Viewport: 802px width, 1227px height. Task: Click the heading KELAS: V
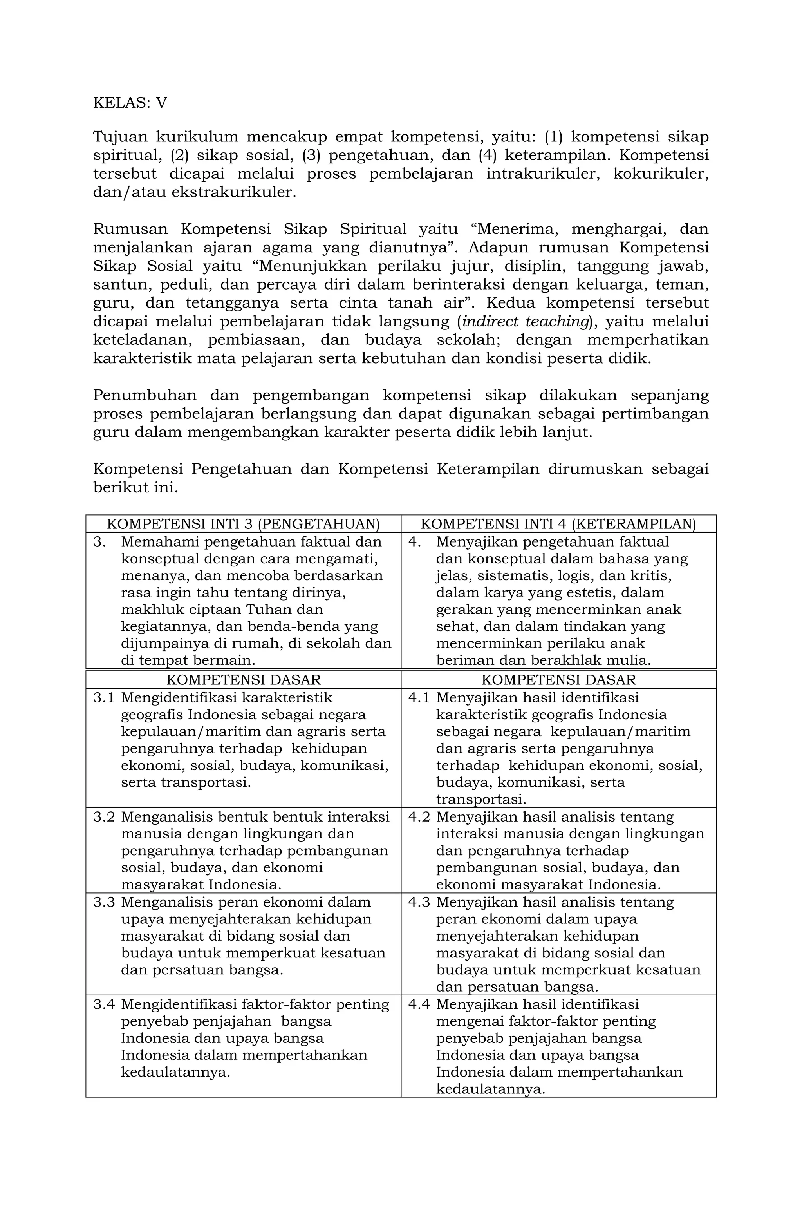point(130,103)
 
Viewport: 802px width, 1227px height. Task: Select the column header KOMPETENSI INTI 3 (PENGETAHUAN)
point(243,524)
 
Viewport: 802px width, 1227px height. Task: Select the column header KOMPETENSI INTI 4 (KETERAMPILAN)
point(558,524)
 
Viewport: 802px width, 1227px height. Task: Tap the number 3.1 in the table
point(104,698)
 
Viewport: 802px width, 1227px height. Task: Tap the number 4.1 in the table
point(419,698)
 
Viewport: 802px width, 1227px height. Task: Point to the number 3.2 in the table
point(104,817)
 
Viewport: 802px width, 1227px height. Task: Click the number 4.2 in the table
point(419,817)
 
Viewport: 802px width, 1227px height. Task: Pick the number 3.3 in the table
point(104,902)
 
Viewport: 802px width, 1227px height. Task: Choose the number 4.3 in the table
point(419,902)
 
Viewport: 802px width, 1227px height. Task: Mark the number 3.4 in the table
point(104,1004)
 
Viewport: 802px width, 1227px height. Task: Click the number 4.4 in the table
point(419,1004)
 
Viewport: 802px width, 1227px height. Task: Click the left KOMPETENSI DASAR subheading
point(243,679)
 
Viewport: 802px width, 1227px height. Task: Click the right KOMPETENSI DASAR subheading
point(558,679)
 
